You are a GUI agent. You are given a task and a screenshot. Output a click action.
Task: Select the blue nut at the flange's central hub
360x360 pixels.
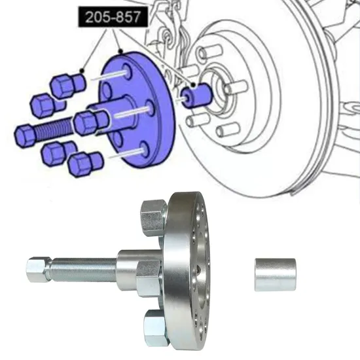88,122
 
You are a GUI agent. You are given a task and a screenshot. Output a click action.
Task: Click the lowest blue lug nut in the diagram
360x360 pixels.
85,163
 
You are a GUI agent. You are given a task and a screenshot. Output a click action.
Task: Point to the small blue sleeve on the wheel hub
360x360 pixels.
196,96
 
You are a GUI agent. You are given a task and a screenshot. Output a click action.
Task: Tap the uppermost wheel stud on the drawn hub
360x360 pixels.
209,53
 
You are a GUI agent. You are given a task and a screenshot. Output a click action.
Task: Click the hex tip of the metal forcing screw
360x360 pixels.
37,270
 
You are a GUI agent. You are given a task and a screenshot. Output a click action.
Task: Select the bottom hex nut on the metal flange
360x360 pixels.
157,323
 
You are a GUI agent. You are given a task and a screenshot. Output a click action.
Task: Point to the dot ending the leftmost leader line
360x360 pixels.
81,69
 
